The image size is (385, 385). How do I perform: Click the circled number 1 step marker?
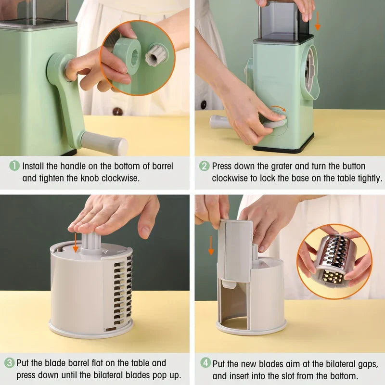pyautogui.click(x=14, y=166)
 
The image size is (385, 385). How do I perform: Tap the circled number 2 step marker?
pyautogui.click(x=205, y=166)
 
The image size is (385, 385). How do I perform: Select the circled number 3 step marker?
pyautogui.click(x=10, y=363)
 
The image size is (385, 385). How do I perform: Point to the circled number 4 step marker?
pyautogui.click(x=205, y=363)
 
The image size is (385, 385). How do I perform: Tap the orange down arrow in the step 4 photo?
pyautogui.click(x=211, y=244)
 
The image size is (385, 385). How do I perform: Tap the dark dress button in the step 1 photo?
pyautogui.click(x=117, y=111)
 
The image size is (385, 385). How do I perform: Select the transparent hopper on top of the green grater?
pyautogui.click(x=283, y=22)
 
